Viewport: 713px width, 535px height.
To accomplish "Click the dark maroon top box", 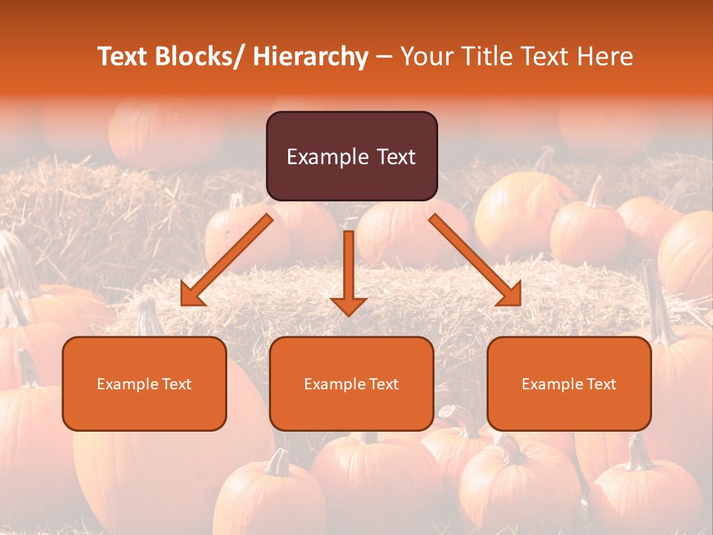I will [x=351, y=156].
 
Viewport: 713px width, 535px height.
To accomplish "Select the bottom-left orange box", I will [x=144, y=383].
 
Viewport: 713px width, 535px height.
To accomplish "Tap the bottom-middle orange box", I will [x=351, y=383].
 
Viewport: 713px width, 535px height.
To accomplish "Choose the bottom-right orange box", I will [x=569, y=383].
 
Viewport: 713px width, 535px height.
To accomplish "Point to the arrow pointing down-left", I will [x=227, y=260].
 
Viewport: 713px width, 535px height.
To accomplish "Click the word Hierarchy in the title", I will [x=310, y=56].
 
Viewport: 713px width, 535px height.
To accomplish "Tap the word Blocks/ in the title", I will [x=204, y=56].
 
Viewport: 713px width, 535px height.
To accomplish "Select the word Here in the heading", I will [x=607, y=56].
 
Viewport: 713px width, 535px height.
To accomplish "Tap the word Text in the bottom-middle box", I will [x=382, y=384].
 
